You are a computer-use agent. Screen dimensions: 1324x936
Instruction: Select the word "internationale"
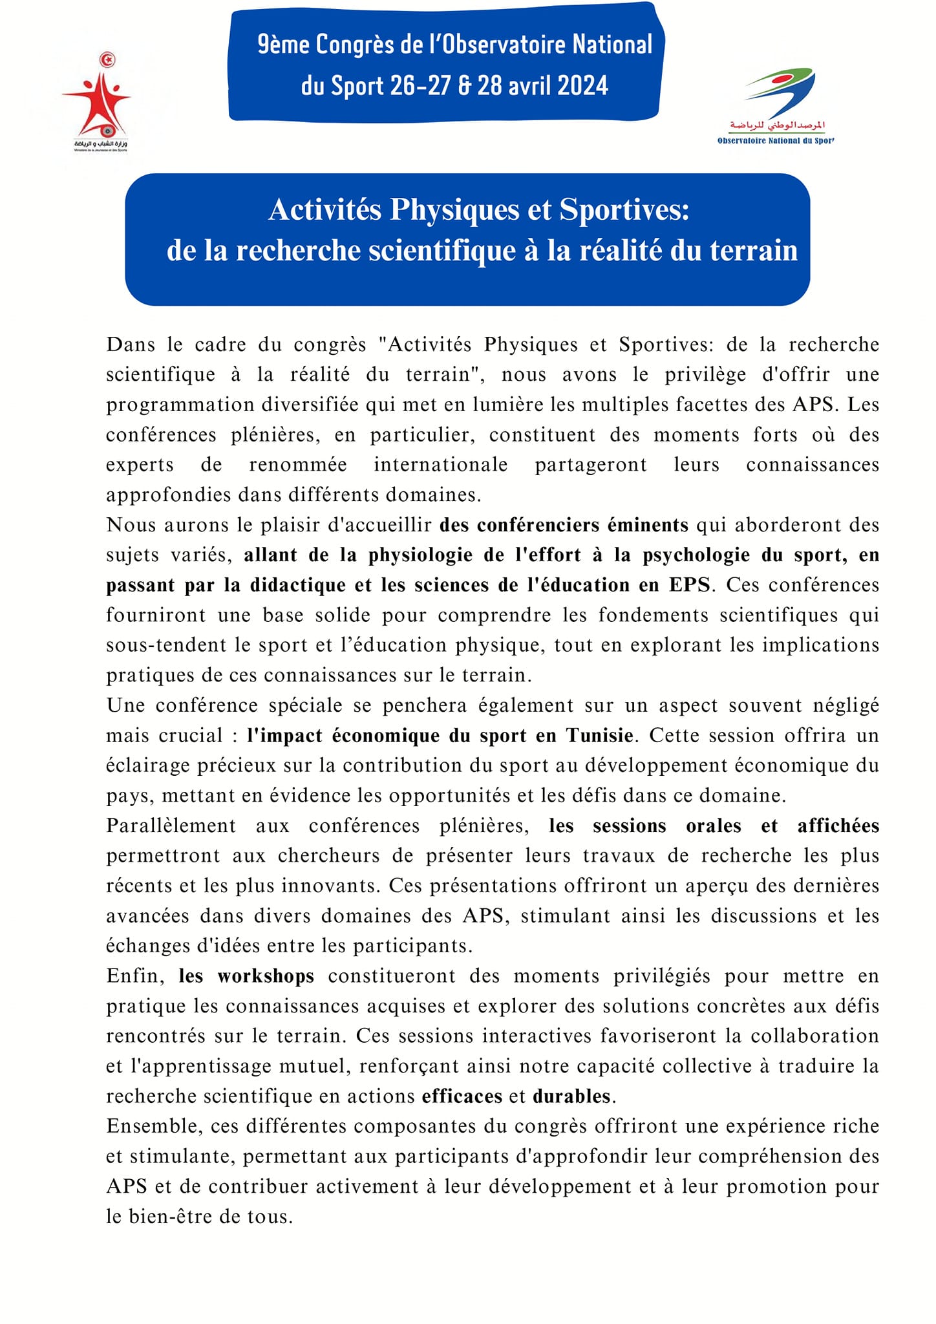click(440, 465)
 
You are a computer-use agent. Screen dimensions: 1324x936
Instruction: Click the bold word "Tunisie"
click(599, 736)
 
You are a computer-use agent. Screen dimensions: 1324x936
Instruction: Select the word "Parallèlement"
click(171, 826)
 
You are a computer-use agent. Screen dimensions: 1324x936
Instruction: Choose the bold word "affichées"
click(838, 826)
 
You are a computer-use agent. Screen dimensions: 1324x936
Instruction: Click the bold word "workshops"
click(266, 976)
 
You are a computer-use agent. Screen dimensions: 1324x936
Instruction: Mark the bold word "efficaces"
click(462, 1096)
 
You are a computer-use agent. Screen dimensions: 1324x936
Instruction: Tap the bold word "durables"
click(571, 1096)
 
